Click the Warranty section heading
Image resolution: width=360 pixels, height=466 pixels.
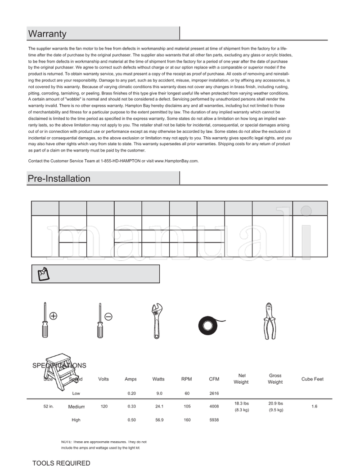click(x=47, y=34)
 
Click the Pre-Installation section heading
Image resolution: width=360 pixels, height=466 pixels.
click(x=59, y=179)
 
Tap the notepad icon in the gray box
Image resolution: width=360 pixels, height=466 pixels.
click(x=44, y=273)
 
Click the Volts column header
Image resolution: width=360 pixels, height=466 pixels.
click(x=103, y=379)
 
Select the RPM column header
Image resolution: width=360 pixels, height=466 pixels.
click(x=186, y=379)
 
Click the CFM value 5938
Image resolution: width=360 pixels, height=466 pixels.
click(x=214, y=420)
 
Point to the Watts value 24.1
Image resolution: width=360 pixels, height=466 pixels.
click(x=159, y=406)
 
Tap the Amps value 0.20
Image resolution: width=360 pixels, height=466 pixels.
click(x=131, y=393)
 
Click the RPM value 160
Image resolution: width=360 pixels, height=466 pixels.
click(x=187, y=420)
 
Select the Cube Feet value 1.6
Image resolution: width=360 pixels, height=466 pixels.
click(x=314, y=406)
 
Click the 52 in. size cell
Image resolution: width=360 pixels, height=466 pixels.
click(x=49, y=406)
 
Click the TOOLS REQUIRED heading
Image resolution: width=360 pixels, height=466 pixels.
click(x=61, y=462)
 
